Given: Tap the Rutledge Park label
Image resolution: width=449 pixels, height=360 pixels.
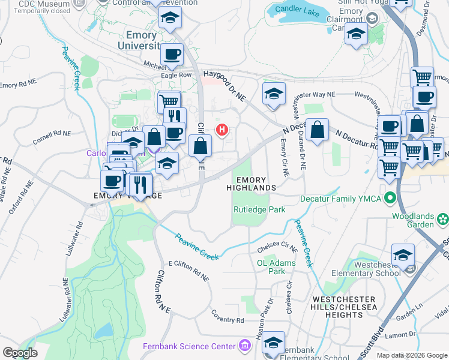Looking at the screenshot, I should pyautogui.click(x=259, y=209).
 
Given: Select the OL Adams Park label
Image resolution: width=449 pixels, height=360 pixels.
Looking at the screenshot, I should pyautogui.click(x=277, y=267).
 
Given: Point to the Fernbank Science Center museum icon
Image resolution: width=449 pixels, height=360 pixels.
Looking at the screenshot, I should pyautogui.click(x=244, y=346).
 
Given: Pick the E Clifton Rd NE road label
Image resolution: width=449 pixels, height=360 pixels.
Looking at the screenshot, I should pyautogui.click(x=188, y=271).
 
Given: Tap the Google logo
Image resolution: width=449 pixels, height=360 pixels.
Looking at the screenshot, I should pyautogui.click(x=20, y=353).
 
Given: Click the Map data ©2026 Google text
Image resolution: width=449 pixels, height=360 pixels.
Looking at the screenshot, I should pyautogui.click(x=412, y=355).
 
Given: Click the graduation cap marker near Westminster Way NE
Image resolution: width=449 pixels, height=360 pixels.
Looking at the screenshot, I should pyautogui.click(x=274, y=94).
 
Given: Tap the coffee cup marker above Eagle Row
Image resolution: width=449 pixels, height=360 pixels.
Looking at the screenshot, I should pyautogui.click(x=172, y=54).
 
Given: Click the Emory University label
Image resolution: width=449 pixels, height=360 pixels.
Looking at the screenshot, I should pyautogui.click(x=141, y=40).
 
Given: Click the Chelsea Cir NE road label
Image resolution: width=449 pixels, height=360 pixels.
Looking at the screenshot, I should pyautogui.click(x=277, y=247).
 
